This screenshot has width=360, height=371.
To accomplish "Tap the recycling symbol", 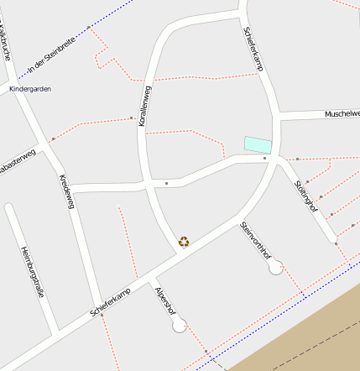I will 184,242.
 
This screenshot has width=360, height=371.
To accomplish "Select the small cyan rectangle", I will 258,144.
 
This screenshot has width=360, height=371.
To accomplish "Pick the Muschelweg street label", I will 342,113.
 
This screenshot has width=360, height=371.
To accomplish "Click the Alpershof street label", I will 164,300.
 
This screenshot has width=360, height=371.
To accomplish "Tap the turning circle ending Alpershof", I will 179,327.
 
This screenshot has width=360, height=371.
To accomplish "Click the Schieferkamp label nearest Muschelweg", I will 253,48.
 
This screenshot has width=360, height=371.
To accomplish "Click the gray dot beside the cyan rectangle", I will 264,158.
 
